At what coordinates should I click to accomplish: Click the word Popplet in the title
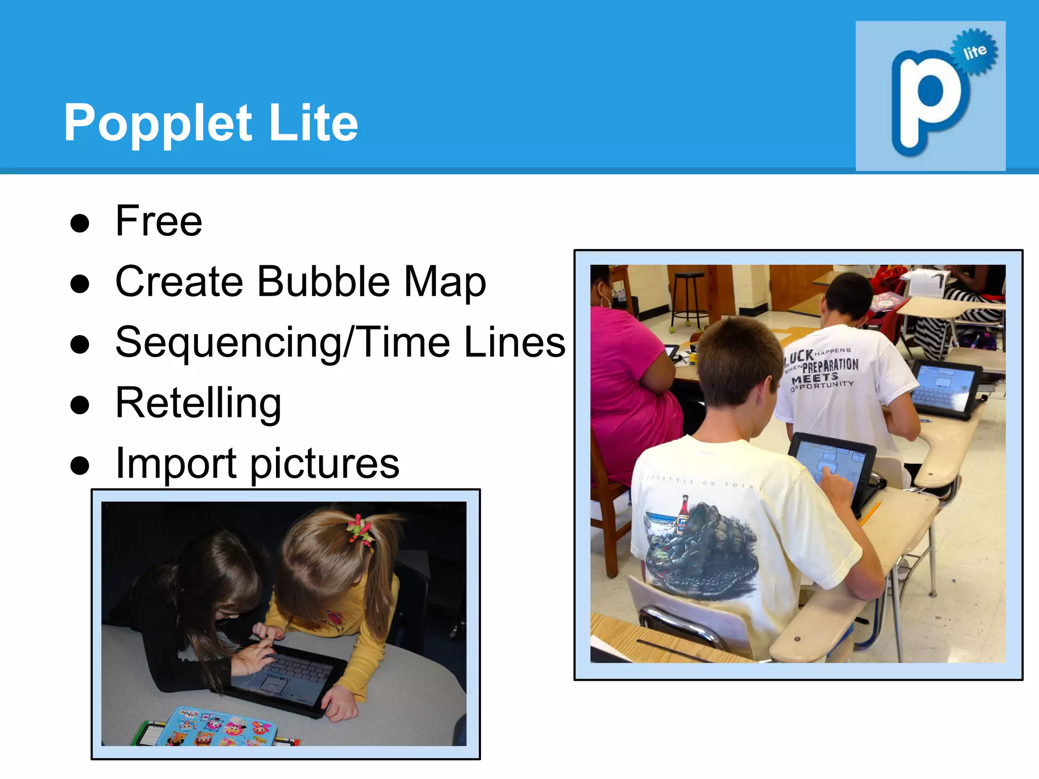(x=157, y=123)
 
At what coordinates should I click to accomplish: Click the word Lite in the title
(x=314, y=123)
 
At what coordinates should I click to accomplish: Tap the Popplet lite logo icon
(x=930, y=96)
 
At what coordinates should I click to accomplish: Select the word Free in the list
(x=159, y=221)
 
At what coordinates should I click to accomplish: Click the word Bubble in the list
(x=324, y=281)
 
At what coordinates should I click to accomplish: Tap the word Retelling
(x=198, y=403)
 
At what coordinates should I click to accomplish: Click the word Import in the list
(x=176, y=464)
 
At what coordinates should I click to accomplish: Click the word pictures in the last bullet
(x=325, y=464)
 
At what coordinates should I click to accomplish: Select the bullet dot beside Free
(x=80, y=223)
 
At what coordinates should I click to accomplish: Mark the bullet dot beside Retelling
(x=80, y=405)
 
